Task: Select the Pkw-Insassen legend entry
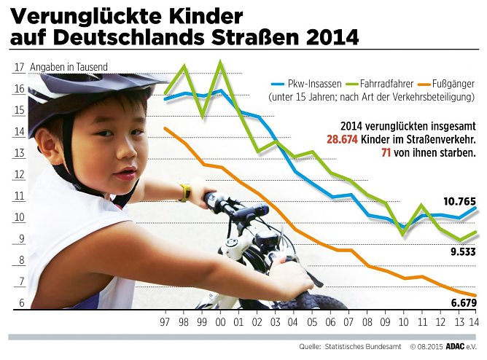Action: click(x=304, y=84)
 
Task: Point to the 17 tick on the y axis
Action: click(x=18, y=68)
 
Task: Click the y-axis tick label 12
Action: click(x=18, y=174)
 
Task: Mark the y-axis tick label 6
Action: click(x=21, y=303)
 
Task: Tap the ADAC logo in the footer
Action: click(x=446, y=347)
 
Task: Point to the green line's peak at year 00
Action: click(x=220, y=63)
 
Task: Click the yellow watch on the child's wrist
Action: click(x=184, y=192)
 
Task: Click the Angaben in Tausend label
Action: click(x=69, y=67)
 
